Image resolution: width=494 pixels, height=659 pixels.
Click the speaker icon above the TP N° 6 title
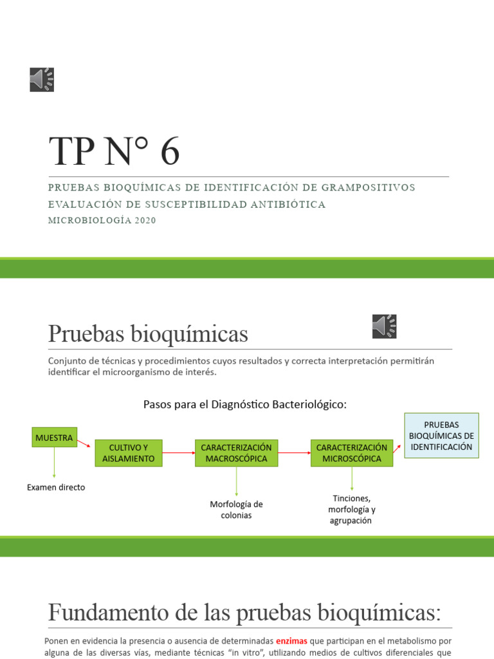42,79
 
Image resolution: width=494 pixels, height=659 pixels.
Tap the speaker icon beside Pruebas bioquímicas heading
384,326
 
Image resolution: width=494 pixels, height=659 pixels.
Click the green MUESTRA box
54,438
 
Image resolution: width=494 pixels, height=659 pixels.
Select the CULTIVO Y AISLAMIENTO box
129,453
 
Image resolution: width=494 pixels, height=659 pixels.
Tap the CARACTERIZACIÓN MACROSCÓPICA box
236,453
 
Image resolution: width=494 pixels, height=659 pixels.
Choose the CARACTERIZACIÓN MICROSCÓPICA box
351,453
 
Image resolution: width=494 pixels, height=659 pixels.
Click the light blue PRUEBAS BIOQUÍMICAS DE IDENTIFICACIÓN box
441,436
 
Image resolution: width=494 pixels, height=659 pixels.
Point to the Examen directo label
56,487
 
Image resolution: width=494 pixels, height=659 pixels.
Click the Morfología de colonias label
236,510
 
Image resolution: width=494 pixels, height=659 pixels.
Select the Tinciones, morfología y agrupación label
352,509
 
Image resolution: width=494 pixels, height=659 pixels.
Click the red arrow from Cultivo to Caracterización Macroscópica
178,453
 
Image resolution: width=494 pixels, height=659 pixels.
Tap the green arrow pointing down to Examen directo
54,463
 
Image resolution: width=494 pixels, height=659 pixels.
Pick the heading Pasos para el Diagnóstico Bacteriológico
244,404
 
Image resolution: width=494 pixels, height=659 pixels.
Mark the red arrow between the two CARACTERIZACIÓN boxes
294,453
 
